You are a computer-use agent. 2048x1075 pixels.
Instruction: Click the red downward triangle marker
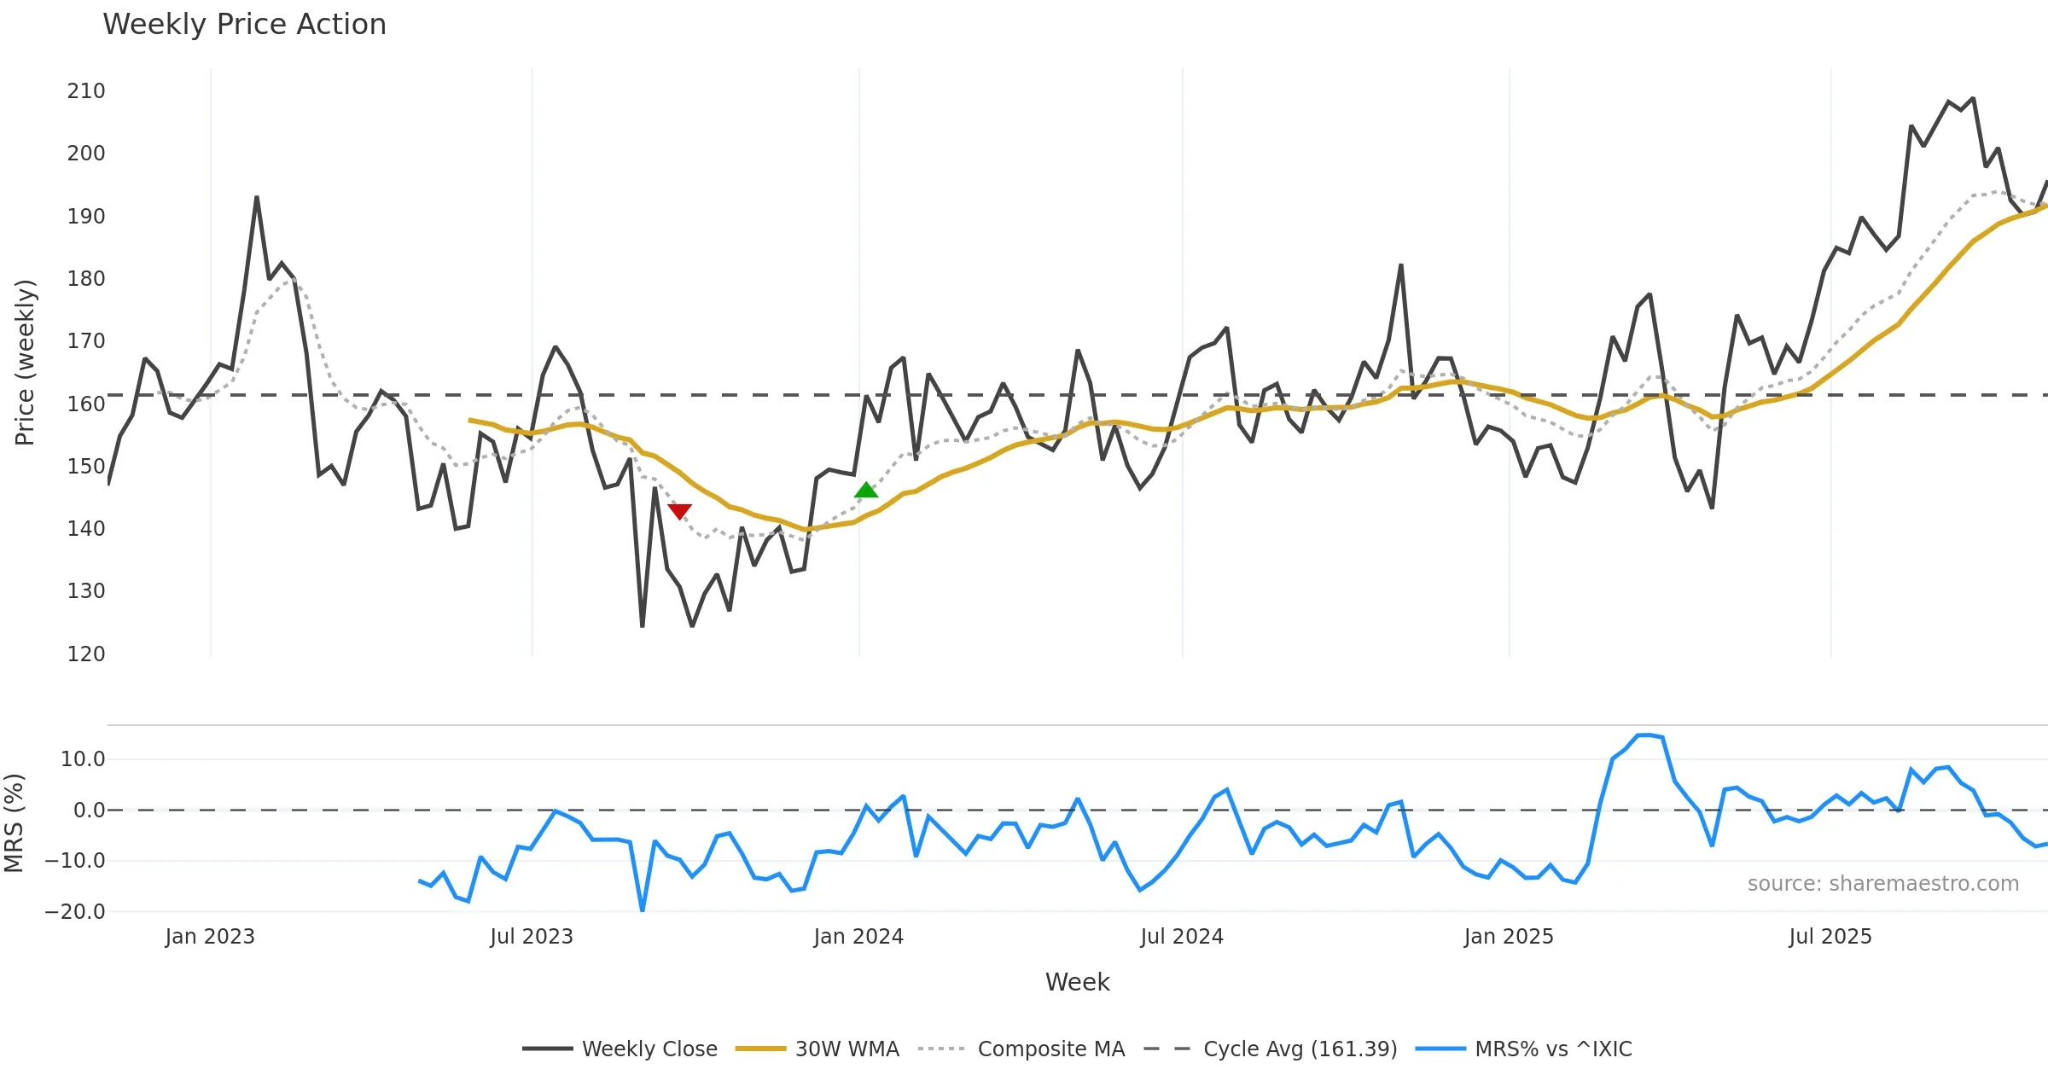[x=679, y=511]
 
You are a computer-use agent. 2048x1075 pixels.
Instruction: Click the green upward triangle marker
[x=866, y=491]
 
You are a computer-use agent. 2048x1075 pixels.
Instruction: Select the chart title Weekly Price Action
[x=244, y=25]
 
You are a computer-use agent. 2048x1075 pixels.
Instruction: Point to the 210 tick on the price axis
[x=86, y=91]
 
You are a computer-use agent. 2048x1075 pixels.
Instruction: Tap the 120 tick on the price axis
[x=86, y=654]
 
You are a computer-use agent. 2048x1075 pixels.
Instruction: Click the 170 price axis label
[x=86, y=341]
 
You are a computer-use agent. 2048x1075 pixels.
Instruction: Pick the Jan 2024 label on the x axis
[x=858, y=937]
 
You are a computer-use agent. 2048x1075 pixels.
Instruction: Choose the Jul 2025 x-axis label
[x=1830, y=937]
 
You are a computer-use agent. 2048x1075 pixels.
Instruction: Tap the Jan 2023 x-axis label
[x=210, y=937]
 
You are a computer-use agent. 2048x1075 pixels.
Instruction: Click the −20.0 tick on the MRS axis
[x=75, y=912]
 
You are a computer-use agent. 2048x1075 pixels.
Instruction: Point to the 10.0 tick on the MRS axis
[x=83, y=759]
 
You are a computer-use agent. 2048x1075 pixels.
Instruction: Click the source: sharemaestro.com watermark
[x=1882, y=884]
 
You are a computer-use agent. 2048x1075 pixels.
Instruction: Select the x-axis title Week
[x=1077, y=983]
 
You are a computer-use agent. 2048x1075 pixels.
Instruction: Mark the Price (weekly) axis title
[x=26, y=363]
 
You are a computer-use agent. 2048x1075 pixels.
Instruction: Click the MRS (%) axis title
[x=15, y=823]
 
